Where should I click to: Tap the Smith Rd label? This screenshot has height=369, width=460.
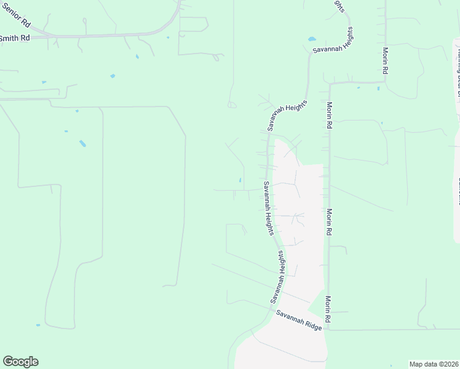(x=15, y=38)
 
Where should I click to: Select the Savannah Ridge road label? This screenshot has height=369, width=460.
(x=299, y=321)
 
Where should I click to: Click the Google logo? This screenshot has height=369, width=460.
(x=21, y=362)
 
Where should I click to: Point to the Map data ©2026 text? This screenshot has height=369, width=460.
(x=434, y=364)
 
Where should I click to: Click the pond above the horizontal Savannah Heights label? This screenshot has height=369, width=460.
(x=311, y=38)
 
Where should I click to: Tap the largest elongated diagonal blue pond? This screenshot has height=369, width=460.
(x=82, y=144)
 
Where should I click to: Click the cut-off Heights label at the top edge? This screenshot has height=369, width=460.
(x=339, y=5)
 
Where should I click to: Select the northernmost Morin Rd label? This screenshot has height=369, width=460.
(x=386, y=61)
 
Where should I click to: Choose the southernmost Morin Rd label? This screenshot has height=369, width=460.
(x=330, y=311)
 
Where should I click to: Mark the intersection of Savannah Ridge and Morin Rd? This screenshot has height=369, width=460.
(x=328, y=330)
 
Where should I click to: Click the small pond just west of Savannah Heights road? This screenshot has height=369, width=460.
(x=240, y=180)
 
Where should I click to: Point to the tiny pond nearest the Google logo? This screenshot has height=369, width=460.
(x=38, y=325)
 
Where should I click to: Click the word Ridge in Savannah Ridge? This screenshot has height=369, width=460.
(x=313, y=326)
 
